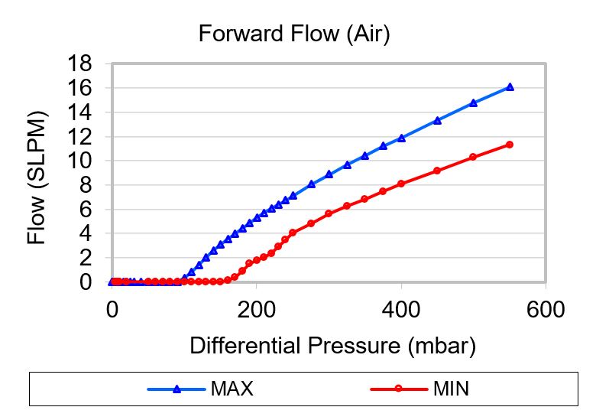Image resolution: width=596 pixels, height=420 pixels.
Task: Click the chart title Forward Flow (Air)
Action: tap(294, 34)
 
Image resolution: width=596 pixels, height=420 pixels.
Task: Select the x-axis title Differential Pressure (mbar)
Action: tap(332, 346)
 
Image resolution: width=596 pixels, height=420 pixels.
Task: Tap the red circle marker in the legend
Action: tap(398, 389)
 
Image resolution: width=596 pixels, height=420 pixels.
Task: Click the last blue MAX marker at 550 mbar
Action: tap(510, 87)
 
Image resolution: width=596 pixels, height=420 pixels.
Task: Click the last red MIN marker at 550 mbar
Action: tap(510, 145)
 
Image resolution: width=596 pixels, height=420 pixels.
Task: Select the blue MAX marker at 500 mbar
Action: tap(474, 103)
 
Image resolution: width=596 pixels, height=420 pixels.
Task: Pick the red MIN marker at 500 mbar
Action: tap(474, 157)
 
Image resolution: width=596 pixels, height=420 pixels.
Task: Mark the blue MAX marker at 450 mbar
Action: tap(437, 120)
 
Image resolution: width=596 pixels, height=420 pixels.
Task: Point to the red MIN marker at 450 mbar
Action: tap(437, 171)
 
